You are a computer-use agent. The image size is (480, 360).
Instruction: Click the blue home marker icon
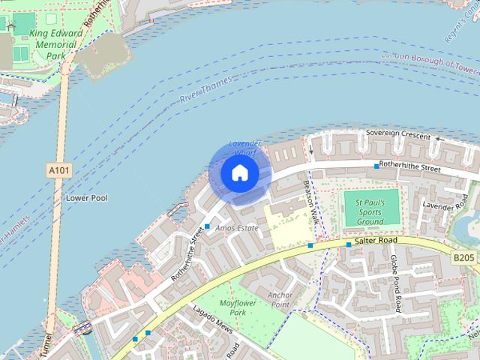(x=239, y=173)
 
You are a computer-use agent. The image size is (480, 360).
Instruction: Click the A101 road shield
(x=60, y=171)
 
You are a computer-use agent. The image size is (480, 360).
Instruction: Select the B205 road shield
(x=463, y=258)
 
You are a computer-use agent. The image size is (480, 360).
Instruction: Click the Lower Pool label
(x=87, y=198)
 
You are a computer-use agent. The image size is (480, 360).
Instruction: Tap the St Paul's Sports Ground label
(x=370, y=212)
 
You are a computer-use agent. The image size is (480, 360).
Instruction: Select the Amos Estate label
(x=236, y=227)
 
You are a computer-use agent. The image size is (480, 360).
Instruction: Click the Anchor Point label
(x=280, y=300)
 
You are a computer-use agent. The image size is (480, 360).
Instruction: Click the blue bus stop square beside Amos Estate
(x=207, y=226)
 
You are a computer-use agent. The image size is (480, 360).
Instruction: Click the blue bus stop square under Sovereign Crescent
(x=376, y=166)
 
